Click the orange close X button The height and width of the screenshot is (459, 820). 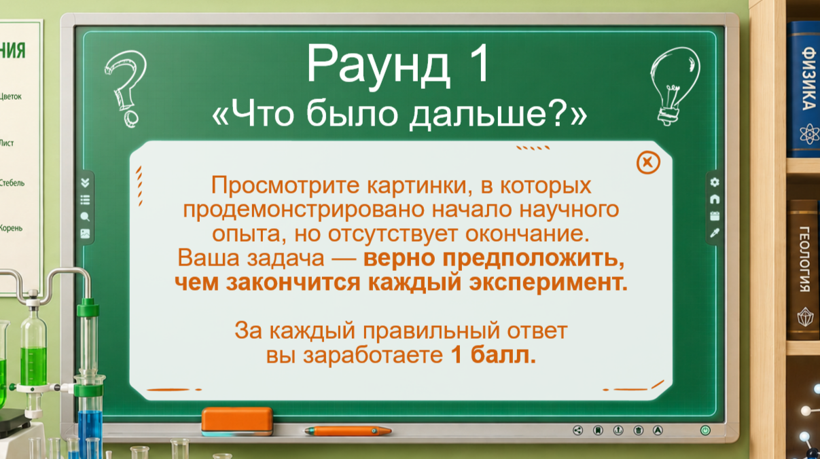click(648, 162)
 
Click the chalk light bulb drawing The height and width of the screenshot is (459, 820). click(675, 86)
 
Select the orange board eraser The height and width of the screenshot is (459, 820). click(237, 422)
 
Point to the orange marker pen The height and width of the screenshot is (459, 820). click(348, 431)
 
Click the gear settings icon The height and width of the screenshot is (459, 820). click(715, 182)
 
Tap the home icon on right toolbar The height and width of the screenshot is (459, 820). click(715, 200)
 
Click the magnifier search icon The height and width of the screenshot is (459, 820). click(85, 217)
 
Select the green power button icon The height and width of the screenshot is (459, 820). click(705, 430)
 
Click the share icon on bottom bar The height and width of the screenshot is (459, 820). click(577, 430)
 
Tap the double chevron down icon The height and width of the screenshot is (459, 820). click(85, 183)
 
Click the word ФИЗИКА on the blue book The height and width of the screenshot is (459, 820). click(808, 78)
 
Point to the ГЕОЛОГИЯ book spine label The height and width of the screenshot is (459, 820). click(804, 259)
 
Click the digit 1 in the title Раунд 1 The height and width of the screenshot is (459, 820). click(478, 64)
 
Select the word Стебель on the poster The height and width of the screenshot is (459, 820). click(12, 183)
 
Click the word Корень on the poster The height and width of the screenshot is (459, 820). click(11, 228)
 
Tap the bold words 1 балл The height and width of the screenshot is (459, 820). click(493, 354)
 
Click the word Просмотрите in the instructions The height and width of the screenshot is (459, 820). click(285, 185)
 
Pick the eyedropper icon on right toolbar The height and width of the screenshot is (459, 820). click(715, 233)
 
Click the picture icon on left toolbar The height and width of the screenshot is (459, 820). click(85, 234)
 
